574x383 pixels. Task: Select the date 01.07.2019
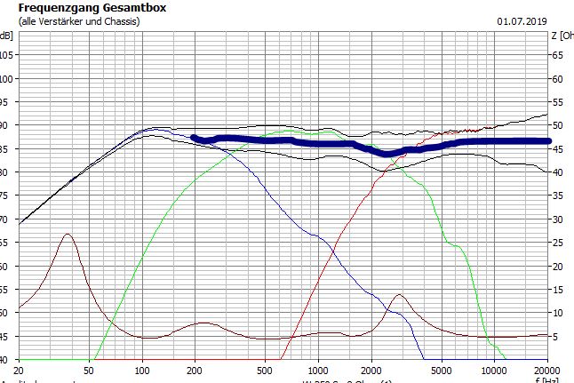point(523,20)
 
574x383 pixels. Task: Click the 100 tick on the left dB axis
point(7,78)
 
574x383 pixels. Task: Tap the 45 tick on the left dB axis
point(7,336)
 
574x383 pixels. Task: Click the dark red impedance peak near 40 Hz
point(68,234)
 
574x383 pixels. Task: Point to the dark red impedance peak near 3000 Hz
point(399,295)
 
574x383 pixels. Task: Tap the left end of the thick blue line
point(195,138)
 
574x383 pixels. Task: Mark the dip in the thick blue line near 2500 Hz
point(387,153)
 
